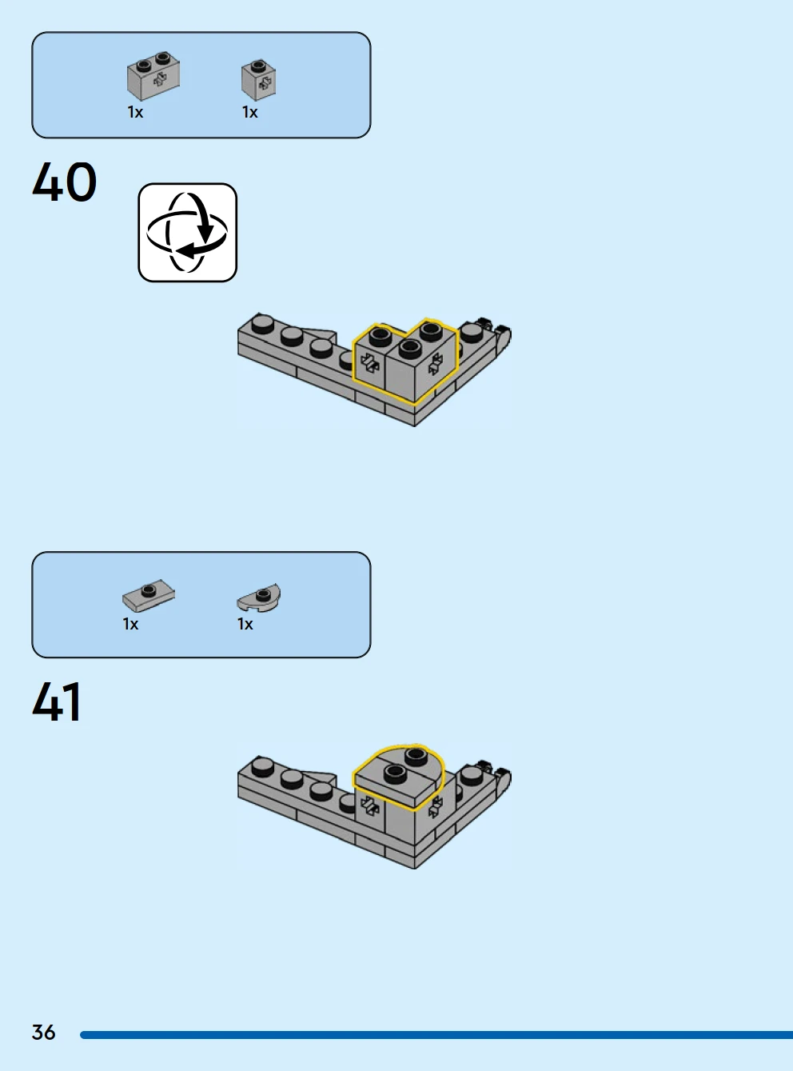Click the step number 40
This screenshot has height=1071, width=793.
[65, 182]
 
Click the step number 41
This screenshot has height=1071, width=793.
[57, 701]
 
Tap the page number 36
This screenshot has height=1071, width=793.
[43, 1032]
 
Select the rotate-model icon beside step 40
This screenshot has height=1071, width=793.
[187, 232]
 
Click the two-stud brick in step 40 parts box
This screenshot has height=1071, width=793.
[153, 75]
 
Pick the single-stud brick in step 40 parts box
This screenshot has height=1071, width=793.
[259, 80]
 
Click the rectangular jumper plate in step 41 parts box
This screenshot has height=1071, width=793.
[149, 595]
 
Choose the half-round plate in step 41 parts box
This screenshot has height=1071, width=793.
[259, 597]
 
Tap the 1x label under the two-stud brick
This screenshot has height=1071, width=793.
[135, 113]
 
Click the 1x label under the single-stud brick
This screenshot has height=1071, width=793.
[250, 113]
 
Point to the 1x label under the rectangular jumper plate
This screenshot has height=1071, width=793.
[130, 624]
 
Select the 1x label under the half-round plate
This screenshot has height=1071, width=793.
[245, 624]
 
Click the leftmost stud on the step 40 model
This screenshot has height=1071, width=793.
[262, 323]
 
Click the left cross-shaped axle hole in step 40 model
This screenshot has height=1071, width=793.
[369, 363]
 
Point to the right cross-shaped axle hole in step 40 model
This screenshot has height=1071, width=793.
[436, 363]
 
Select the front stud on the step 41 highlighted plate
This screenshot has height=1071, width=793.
[395, 773]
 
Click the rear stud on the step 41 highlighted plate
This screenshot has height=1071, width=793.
[416, 756]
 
